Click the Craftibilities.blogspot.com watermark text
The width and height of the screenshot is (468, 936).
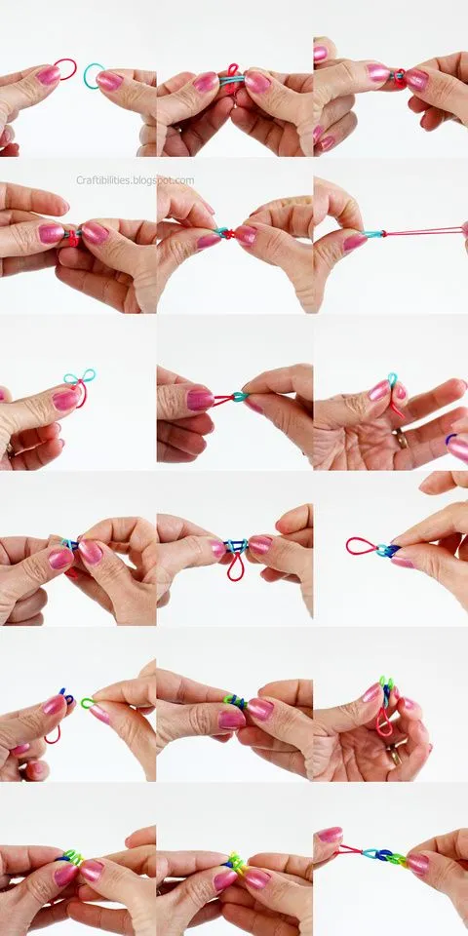coord(135,180)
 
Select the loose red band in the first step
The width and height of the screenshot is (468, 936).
coord(64,69)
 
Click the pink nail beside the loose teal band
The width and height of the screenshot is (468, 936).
coord(109,81)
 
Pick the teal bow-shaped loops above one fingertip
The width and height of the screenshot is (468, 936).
coord(81,378)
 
